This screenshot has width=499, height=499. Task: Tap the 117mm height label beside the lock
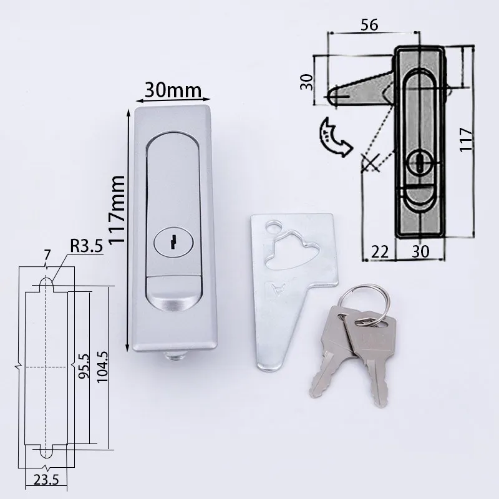click(x=116, y=210)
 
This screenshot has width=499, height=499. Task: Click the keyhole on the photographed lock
click(x=173, y=242)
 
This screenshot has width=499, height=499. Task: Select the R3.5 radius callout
click(x=86, y=246)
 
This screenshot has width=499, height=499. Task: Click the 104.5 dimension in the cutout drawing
click(x=102, y=367)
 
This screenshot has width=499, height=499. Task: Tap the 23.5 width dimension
click(x=46, y=480)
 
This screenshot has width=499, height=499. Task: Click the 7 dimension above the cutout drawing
click(x=47, y=255)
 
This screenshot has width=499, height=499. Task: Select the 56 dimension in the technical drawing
click(x=369, y=24)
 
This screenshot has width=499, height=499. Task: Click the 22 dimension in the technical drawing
click(x=380, y=252)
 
